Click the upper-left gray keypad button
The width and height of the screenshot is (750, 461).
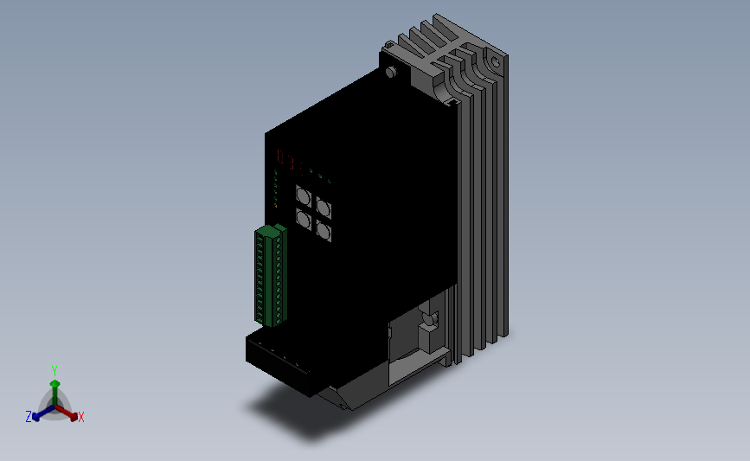tap(304, 196)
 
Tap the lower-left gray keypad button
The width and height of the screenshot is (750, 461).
tap(304, 219)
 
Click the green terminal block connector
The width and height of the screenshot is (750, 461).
tap(270, 276)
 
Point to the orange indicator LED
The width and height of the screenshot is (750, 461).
tap(275, 206)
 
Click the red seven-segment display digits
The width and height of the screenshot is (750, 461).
tap(291, 160)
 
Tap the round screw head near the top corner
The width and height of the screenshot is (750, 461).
tap(391, 72)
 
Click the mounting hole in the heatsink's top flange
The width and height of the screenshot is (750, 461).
tap(496, 62)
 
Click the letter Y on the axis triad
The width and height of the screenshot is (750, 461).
tap(54, 371)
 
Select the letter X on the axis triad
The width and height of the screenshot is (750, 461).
tap(81, 417)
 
